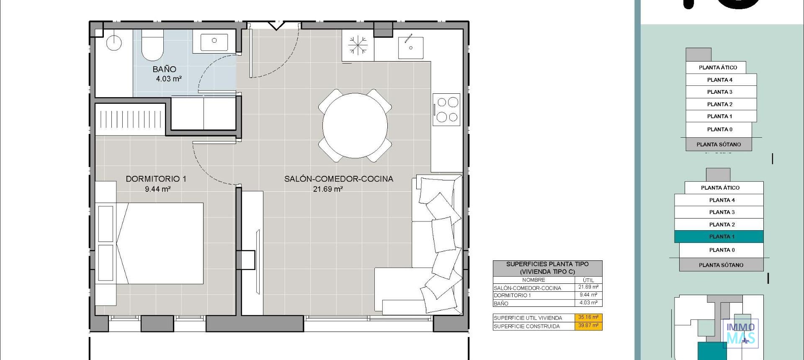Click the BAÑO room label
click(x=164, y=69)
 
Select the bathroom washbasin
click(x=214, y=41)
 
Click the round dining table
click(x=355, y=126)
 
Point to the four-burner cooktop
click(x=447, y=110)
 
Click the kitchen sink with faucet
click(x=410, y=47)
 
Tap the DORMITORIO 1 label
click(x=156, y=179)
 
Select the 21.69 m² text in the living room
click(x=328, y=189)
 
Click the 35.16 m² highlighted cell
click(x=588, y=317)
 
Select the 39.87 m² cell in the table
click(x=588, y=326)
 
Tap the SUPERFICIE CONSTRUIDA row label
click(x=526, y=326)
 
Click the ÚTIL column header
click(x=588, y=280)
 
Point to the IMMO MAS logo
click(x=740, y=333)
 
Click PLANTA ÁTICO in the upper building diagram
click(x=717, y=67)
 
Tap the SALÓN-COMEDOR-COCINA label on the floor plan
click(x=338, y=179)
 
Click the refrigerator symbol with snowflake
click(x=358, y=45)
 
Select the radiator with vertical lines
click(x=130, y=119)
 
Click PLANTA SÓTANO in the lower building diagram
click(x=721, y=265)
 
